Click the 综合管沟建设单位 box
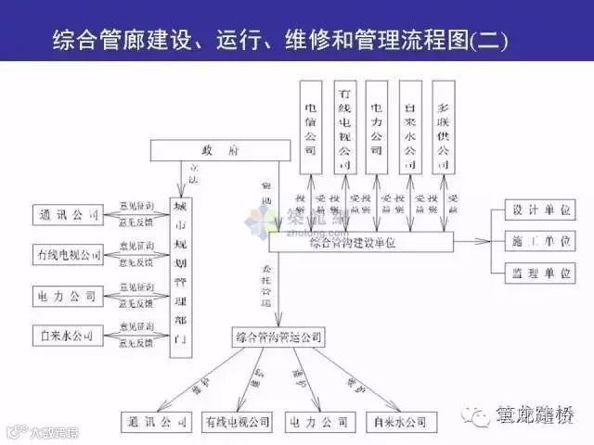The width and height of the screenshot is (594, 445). pos(360,243)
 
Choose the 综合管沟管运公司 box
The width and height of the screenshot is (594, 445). pos(278,336)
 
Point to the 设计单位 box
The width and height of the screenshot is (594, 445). pos(539,209)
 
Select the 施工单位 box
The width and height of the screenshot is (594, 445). pos(539,241)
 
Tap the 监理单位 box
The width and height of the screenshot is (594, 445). pos(539,273)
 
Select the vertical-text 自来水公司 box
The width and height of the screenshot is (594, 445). pos(408,125)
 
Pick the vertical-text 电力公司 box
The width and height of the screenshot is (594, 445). pos(376,125)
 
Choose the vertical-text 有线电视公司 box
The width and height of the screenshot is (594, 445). pos(343,125)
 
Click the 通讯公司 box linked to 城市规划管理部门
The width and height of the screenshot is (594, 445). pos(68,215)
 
